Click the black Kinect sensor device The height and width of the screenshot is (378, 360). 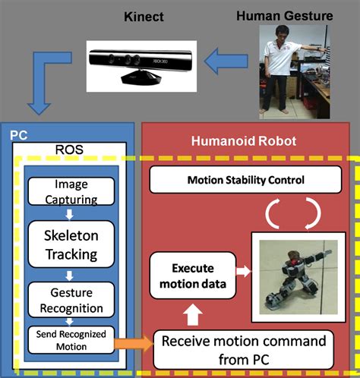point(125,62)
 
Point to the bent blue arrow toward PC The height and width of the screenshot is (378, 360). point(42,76)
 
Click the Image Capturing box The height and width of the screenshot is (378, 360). point(71,193)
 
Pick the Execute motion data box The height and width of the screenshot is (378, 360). point(191,276)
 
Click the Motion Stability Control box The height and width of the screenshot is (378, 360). point(245,181)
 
